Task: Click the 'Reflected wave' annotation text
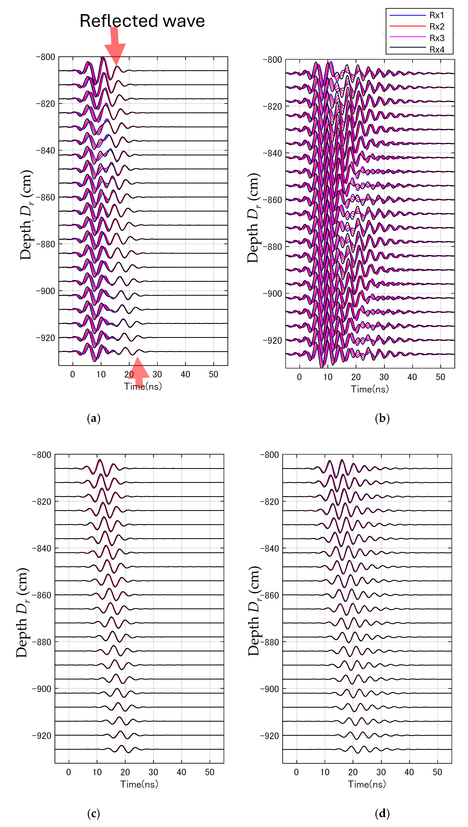pos(142,21)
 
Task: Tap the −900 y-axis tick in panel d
pos(269,689)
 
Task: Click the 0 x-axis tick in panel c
pos(68,772)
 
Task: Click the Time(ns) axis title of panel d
pos(367,784)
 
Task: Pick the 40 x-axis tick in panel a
pos(185,374)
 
